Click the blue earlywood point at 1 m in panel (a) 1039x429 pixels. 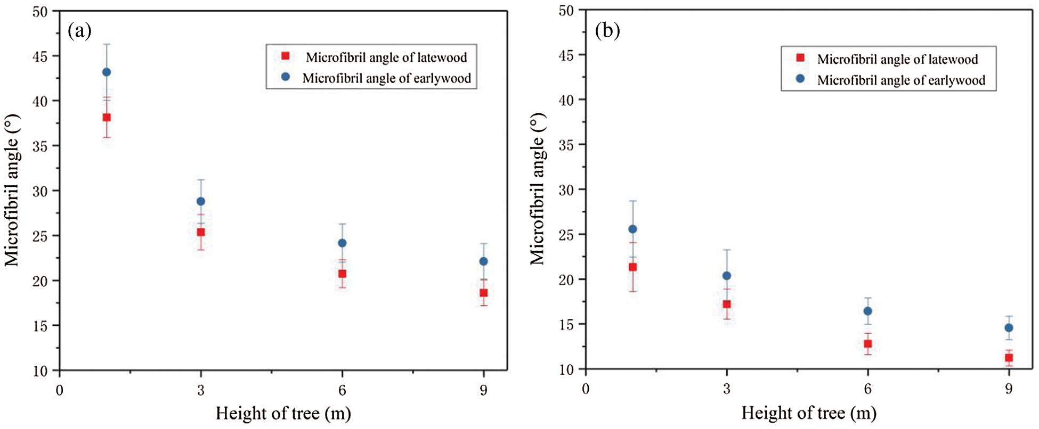107,72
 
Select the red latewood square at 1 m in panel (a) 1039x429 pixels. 107,117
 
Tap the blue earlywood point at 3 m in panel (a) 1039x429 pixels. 201,201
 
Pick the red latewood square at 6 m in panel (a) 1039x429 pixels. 342,274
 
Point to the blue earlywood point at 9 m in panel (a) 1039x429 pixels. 484,261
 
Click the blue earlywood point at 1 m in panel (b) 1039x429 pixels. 632,229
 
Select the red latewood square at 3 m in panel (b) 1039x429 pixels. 727,304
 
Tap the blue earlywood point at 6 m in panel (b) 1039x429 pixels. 868,311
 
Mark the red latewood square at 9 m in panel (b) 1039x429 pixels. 1009,358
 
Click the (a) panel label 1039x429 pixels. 79,31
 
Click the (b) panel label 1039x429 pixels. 607,31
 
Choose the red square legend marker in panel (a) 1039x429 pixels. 286,56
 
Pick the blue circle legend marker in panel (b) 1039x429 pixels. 800,79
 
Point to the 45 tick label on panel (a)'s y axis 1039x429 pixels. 40,56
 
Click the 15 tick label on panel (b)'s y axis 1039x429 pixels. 566,325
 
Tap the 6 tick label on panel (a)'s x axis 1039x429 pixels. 342,391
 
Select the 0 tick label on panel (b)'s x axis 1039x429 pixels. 586,389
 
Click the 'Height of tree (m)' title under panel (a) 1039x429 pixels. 283,414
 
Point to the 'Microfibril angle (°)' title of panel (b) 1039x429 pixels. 538,188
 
